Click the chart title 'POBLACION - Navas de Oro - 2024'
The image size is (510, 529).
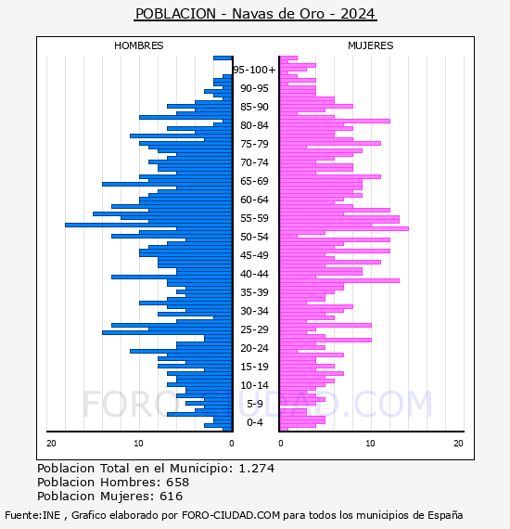pyautogui.click(x=255, y=14)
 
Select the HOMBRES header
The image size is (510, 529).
pyautogui.click(x=138, y=45)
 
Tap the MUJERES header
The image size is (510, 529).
pyautogui.click(x=371, y=45)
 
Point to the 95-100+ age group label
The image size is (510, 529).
pyautogui.click(x=254, y=70)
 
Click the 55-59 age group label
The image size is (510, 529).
pyautogui.click(x=254, y=218)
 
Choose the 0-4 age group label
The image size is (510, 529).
pyautogui.click(x=254, y=422)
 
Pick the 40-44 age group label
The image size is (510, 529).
pyautogui.click(x=254, y=274)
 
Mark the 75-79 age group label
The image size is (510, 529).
pyautogui.click(x=254, y=144)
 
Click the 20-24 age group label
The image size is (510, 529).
pyautogui.click(x=254, y=348)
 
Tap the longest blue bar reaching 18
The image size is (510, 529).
pyautogui.click(x=148, y=225)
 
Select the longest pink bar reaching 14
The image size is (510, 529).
pyautogui.click(x=344, y=228)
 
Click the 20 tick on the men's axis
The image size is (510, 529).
pyautogui.click(x=51, y=443)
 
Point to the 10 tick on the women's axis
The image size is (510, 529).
pyautogui.click(x=370, y=443)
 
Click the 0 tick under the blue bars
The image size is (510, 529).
pyautogui.click(x=231, y=443)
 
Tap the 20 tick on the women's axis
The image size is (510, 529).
pyautogui.click(x=458, y=443)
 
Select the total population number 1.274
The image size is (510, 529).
pyautogui.click(x=257, y=469)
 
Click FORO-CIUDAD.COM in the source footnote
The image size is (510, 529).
pyautogui.click(x=231, y=515)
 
